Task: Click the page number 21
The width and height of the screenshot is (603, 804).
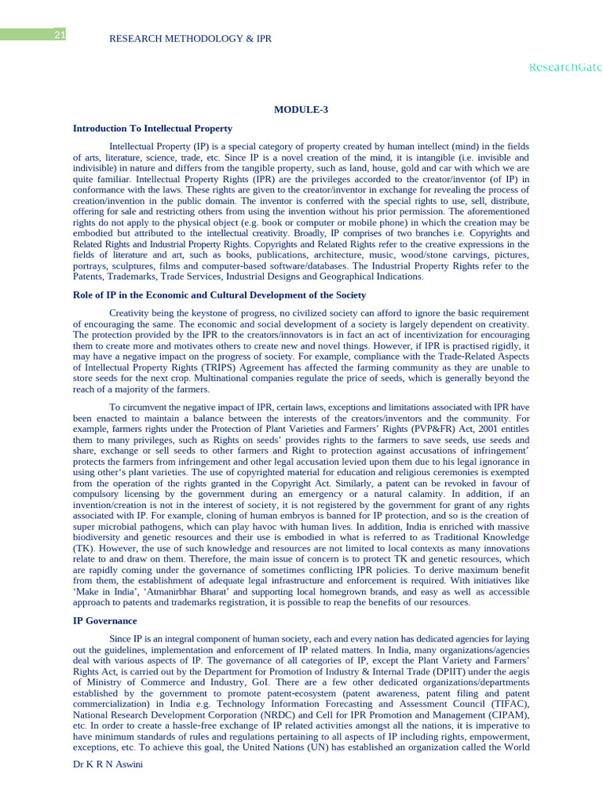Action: [x=60, y=35]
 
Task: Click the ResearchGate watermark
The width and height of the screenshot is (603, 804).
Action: [x=565, y=68]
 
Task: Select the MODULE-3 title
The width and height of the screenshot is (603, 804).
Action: [x=301, y=109]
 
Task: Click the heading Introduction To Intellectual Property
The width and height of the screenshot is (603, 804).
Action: [x=152, y=128]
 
